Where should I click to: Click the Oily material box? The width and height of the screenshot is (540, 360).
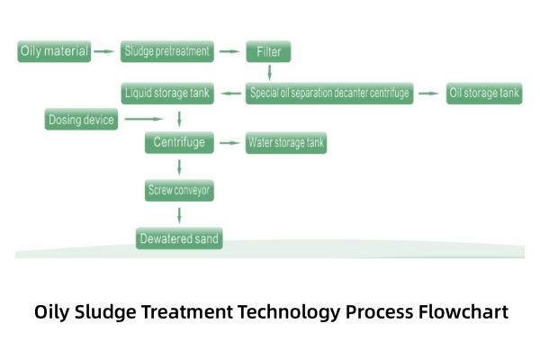(x=55, y=51)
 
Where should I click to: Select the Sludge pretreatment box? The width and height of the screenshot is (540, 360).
(x=167, y=51)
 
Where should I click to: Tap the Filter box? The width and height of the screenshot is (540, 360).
(x=268, y=51)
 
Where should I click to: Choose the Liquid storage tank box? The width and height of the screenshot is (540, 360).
(x=167, y=94)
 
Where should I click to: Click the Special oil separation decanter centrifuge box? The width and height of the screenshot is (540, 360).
(x=330, y=94)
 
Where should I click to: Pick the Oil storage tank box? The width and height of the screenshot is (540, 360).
(x=484, y=94)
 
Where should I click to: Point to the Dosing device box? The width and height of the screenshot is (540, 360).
(x=81, y=119)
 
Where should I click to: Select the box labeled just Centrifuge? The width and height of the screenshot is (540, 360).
(x=179, y=142)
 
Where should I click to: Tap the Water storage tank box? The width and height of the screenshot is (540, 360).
(x=286, y=142)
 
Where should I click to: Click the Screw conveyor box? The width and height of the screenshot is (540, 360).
(x=179, y=190)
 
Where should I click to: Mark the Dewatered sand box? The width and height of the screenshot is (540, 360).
(x=179, y=238)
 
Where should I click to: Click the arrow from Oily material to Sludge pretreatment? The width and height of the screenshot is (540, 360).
(x=105, y=51)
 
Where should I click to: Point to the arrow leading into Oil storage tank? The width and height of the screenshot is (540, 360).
(x=429, y=94)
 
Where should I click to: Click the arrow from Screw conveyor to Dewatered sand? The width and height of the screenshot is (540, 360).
(x=180, y=215)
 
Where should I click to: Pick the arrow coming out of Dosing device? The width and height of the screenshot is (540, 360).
(x=145, y=119)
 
